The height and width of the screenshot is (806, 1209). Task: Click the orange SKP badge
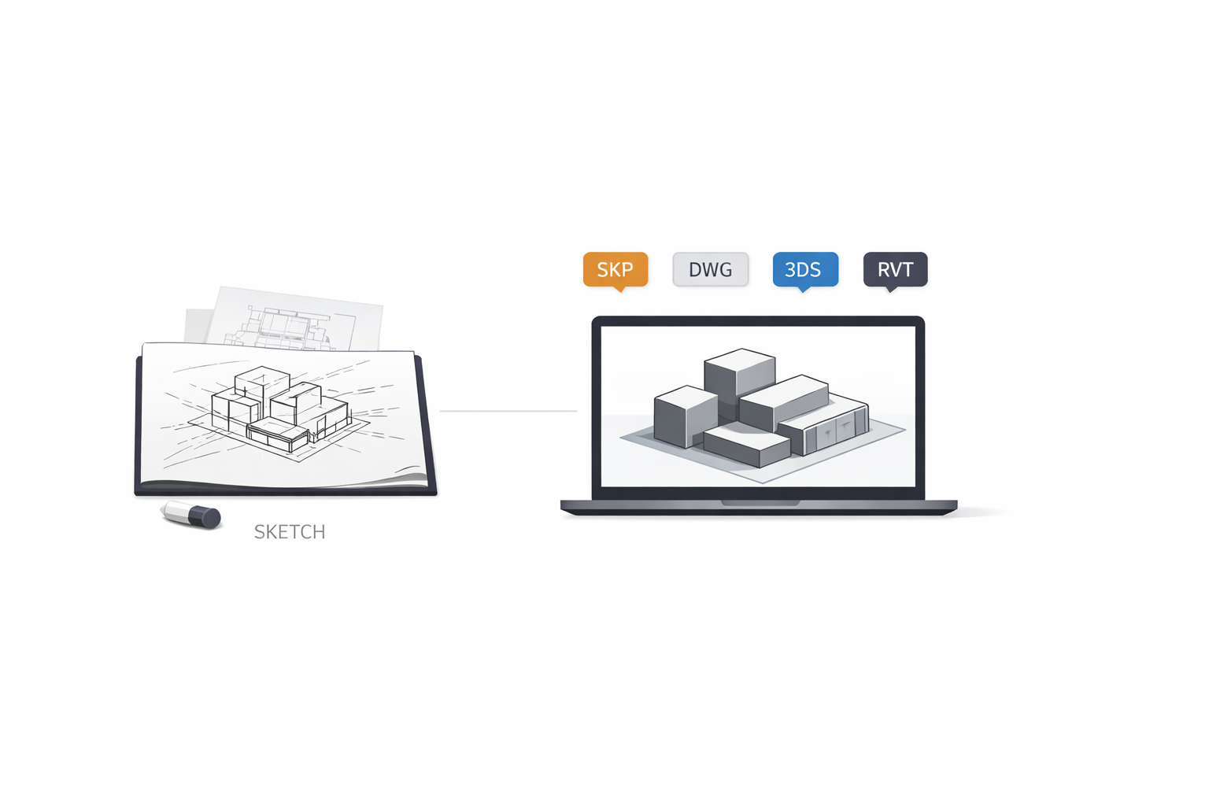coord(615,269)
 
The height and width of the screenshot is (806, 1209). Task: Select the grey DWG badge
coord(710,269)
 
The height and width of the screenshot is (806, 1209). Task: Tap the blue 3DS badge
coord(804,269)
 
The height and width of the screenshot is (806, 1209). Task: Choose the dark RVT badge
coord(895,269)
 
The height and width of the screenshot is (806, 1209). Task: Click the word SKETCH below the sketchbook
coord(289,532)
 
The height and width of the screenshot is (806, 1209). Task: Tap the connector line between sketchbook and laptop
coord(508,411)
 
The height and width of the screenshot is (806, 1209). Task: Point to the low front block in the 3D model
coord(745,445)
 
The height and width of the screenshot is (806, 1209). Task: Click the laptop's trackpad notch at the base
coord(760,502)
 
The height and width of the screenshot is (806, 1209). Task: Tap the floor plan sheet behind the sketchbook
coord(299,319)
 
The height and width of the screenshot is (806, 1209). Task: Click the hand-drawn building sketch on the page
coord(279,409)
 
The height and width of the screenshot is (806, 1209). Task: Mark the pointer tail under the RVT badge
coord(891,289)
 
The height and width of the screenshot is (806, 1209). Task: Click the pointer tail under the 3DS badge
coord(804,289)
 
